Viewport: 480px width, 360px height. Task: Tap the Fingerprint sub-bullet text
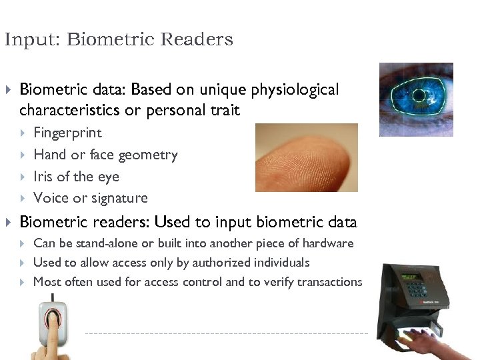click(x=67, y=133)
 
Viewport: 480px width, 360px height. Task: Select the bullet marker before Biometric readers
click(x=9, y=222)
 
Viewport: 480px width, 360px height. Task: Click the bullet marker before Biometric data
click(x=9, y=89)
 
